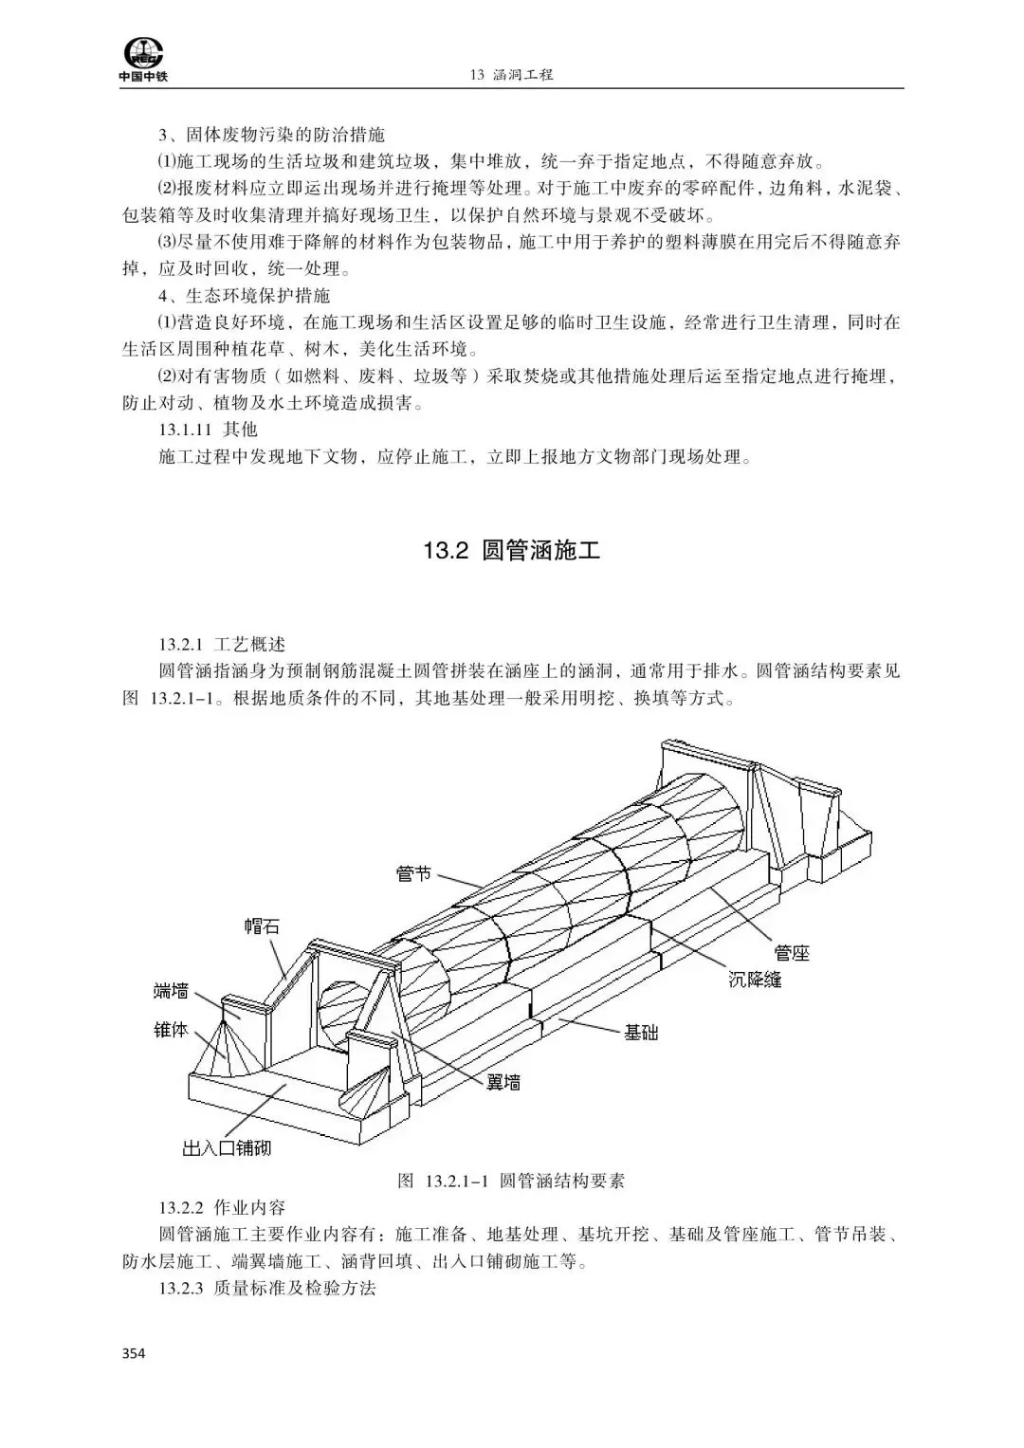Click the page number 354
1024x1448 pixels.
coord(134,1353)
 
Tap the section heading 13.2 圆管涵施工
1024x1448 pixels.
coord(512,552)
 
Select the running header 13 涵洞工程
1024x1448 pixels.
coord(511,74)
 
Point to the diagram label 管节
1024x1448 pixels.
coord(413,873)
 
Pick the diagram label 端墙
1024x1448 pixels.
coord(171,992)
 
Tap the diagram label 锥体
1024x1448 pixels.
coord(171,1029)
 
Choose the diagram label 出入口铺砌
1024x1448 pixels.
coord(227,1148)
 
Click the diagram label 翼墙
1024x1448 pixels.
coord(503,1081)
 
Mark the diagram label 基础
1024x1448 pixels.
coord(641,1032)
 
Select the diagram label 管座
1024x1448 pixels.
coord(792,952)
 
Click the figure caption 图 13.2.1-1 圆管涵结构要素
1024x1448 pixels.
coord(511,1182)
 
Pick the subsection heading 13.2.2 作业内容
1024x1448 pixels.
coord(222,1208)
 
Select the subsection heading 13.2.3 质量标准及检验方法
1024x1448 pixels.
coord(267,1289)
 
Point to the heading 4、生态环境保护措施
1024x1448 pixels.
coord(244,296)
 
